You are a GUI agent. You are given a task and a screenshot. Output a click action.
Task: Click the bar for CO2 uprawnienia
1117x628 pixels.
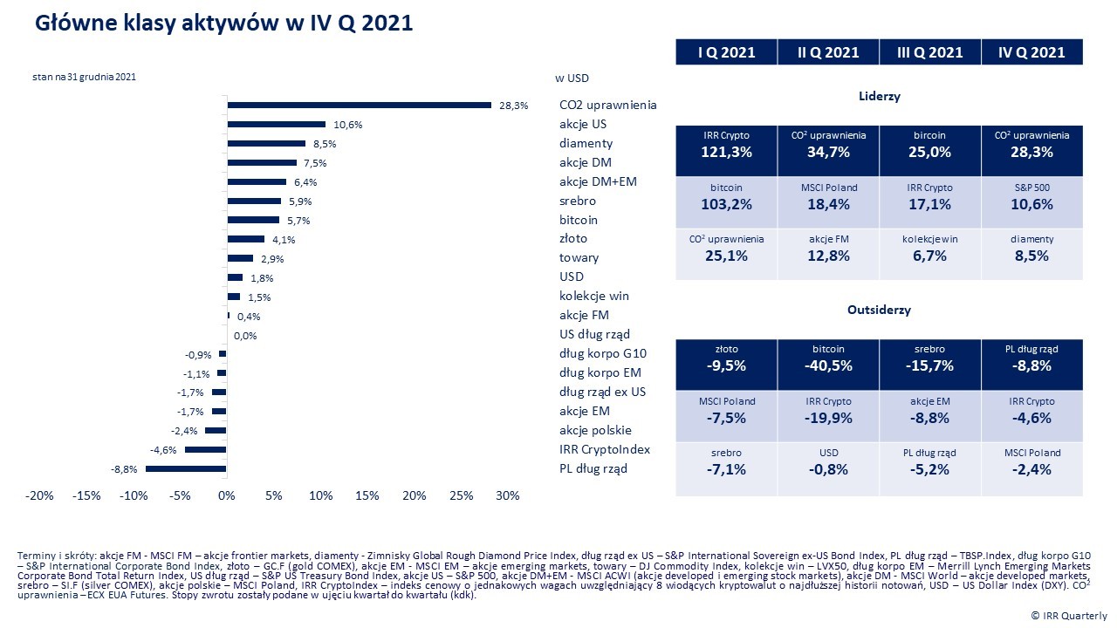tap(359, 106)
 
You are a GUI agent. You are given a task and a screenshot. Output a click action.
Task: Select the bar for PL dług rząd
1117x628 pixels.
tap(186, 469)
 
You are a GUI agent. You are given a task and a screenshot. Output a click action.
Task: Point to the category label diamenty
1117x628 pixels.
tap(586, 143)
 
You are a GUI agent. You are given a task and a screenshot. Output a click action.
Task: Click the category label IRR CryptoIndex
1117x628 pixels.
tap(605, 449)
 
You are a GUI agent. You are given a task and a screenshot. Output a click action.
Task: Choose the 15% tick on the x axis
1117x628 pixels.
tap(367, 496)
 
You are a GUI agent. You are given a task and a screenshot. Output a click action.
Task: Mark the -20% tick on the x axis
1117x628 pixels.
tap(39, 496)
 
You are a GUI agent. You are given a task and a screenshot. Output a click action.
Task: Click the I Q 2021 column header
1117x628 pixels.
tap(726, 52)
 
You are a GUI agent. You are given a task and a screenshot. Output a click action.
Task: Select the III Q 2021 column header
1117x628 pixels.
tap(929, 52)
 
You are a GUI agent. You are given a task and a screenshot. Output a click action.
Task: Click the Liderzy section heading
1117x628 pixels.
tap(879, 97)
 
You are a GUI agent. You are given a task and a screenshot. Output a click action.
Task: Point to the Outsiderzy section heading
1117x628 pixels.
tap(879, 310)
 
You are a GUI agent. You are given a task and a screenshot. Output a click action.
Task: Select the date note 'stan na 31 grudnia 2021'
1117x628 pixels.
tap(84, 77)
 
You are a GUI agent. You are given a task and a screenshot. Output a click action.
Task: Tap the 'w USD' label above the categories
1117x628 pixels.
tap(572, 78)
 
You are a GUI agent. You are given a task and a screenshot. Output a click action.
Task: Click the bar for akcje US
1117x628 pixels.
tap(276, 125)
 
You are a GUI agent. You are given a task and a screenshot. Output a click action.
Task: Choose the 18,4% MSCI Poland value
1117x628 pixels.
tap(827, 205)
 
